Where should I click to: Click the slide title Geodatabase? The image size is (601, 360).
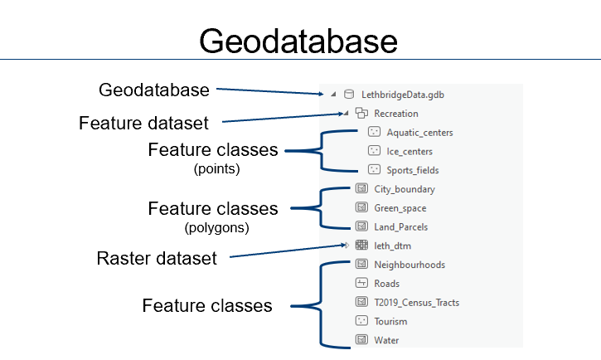pyautogui.click(x=298, y=41)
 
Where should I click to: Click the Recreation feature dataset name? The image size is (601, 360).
pyautogui.click(x=396, y=114)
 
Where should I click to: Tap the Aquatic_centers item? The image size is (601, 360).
pyautogui.click(x=419, y=133)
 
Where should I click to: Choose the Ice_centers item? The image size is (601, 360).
pyautogui.click(x=410, y=152)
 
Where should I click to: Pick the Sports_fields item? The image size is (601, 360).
pyautogui.click(x=413, y=171)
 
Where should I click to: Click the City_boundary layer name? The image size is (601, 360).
pyautogui.click(x=405, y=189)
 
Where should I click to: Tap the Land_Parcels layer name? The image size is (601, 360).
pyautogui.click(x=401, y=227)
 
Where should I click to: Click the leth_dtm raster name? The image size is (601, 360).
pyautogui.click(x=392, y=246)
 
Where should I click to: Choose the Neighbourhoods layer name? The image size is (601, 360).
pyautogui.click(x=410, y=265)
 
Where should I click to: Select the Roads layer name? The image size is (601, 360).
pyautogui.click(x=387, y=284)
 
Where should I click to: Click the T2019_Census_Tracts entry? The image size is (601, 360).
pyautogui.click(x=416, y=303)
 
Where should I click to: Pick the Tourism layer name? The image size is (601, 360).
pyautogui.click(x=390, y=322)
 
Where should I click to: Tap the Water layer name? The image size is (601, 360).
pyautogui.click(x=387, y=341)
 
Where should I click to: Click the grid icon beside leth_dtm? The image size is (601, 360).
pyautogui.click(x=361, y=246)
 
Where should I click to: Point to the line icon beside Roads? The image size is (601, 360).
pyautogui.click(x=361, y=284)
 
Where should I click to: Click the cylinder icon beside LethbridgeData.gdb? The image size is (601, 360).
pyautogui.click(x=348, y=95)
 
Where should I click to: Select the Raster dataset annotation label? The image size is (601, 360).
pyautogui.click(x=157, y=258)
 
